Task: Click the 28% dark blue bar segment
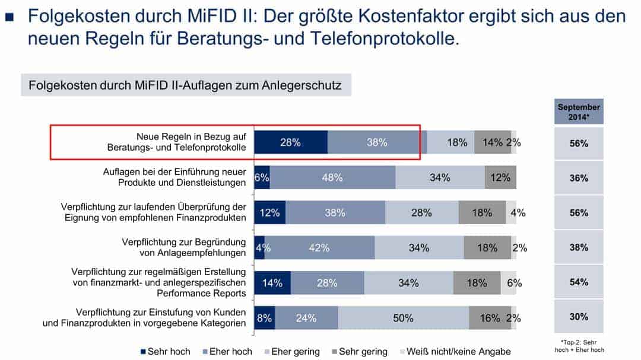point(291,142)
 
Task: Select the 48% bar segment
point(332,177)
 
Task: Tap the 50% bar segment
point(403,318)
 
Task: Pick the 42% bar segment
point(319,248)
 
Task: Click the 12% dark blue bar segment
point(269,212)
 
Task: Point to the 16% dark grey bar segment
point(490,318)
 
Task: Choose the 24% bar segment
point(306,318)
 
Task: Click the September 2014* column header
point(579,112)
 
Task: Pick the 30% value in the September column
point(579,317)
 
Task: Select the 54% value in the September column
point(579,282)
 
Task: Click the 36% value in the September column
point(579,177)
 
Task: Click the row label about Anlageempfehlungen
point(183,247)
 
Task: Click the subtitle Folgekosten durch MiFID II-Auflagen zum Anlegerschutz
point(185,85)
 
